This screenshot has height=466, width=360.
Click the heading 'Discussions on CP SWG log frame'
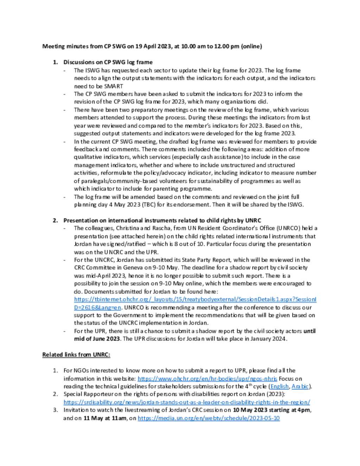(108, 62)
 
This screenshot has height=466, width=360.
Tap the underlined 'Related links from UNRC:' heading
(76, 355)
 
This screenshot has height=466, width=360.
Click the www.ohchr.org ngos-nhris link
(207, 379)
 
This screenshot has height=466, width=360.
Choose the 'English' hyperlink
(279, 387)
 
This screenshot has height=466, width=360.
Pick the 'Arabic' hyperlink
(300, 387)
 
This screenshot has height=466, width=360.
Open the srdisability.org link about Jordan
(187, 402)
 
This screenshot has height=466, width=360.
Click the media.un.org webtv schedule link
(208, 418)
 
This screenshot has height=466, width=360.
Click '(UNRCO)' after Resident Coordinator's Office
(288, 228)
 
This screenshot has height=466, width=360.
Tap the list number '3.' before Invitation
(56, 410)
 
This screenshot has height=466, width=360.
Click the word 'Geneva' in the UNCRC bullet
(133, 268)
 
